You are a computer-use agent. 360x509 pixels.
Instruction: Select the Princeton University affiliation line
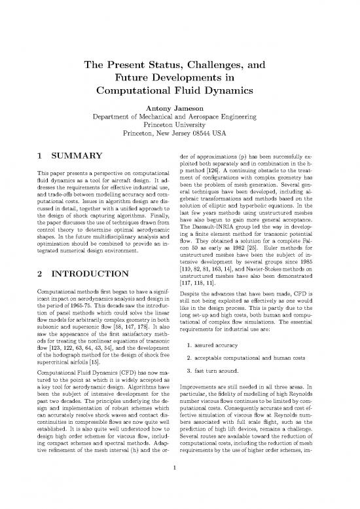click(x=179, y=128)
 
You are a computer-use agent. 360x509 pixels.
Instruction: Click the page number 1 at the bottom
click(x=179, y=485)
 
